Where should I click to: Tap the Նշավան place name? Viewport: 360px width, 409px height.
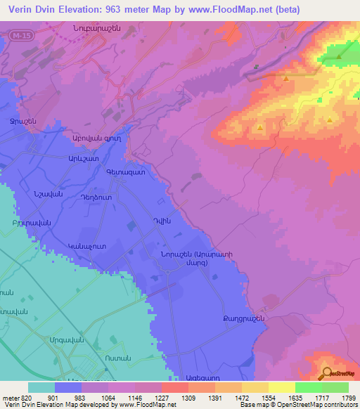[x=49, y=194]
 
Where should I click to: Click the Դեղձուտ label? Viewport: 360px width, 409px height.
[x=98, y=199]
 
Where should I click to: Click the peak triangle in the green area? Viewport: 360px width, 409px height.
[x=339, y=58]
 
